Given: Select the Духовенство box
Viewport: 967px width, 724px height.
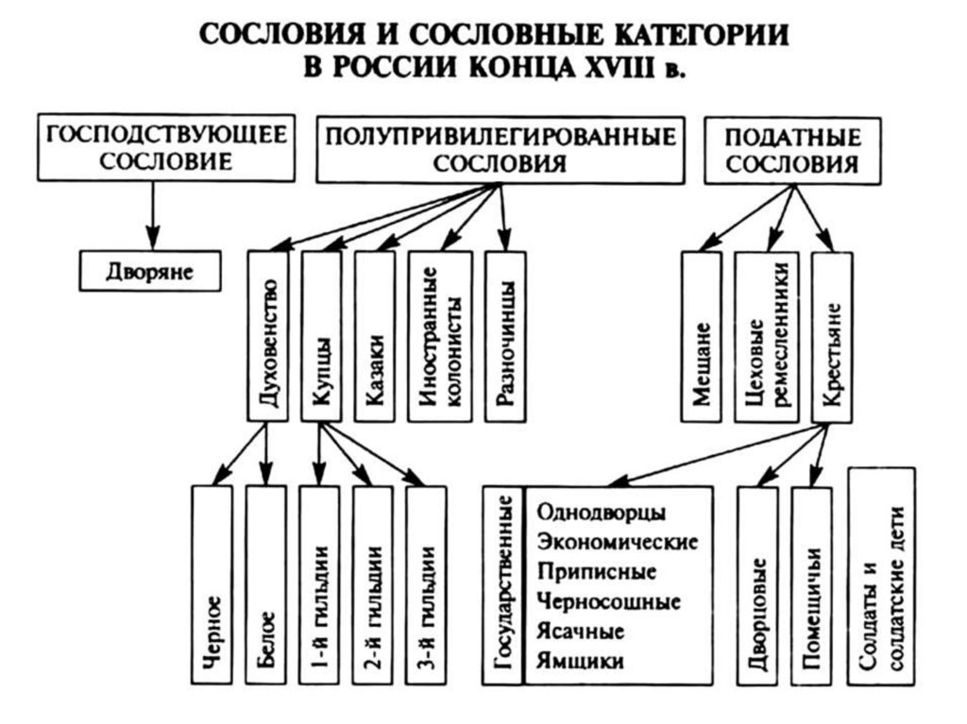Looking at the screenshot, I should (x=266, y=335).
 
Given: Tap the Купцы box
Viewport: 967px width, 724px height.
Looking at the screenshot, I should (x=320, y=335).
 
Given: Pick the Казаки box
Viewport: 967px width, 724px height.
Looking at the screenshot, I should (x=374, y=335).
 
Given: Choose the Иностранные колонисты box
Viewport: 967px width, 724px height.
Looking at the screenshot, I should (x=439, y=335).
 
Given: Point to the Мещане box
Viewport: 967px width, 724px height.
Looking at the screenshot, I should (x=701, y=335).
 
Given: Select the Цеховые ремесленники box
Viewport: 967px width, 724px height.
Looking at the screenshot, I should (x=765, y=335).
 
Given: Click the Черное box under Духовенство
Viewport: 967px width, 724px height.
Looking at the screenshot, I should (x=212, y=585).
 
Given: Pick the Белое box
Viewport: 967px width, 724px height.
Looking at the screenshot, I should (x=266, y=585).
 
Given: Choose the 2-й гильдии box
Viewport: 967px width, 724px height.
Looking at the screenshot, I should (x=373, y=585).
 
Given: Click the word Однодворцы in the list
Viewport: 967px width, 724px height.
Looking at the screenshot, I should (x=601, y=512).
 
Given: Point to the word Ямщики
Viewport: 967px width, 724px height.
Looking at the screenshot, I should (x=580, y=661).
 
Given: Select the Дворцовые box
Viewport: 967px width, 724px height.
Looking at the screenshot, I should (x=756, y=585).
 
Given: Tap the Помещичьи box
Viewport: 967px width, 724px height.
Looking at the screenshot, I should (x=811, y=585).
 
